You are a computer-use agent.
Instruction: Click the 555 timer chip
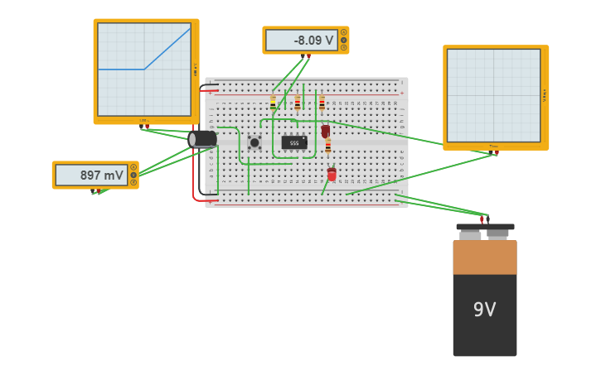(x=293, y=142)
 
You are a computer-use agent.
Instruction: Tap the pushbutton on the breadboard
(x=254, y=142)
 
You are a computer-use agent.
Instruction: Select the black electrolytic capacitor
(x=202, y=139)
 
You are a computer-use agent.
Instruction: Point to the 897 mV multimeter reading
(x=91, y=175)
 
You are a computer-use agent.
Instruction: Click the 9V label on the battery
(x=484, y=310)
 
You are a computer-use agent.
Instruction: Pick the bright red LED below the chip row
(x=332, y=174)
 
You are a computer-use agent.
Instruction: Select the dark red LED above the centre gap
(x=326, y=131)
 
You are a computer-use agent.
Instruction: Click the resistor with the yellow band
(x=273, y=103)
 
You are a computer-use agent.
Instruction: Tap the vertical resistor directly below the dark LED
(x=328, y=147)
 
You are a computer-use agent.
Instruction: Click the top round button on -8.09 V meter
(x=344, y=32)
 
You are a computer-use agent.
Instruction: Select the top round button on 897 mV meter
(x=133, y=167)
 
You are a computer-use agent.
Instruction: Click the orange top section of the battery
(x=484, y=257)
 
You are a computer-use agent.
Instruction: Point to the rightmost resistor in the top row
(x=322, y=103)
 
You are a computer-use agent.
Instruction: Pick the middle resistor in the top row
(x=298, y=103)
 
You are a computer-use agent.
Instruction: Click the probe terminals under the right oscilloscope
(x=494, y=152)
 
